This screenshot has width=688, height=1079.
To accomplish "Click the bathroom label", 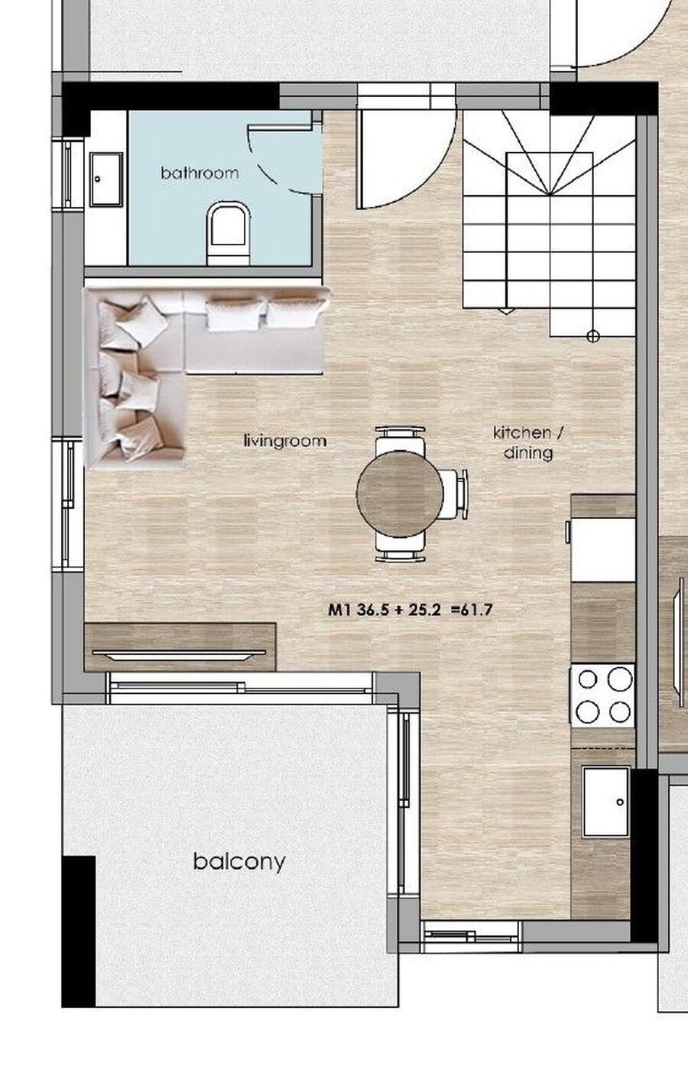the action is [200, 173].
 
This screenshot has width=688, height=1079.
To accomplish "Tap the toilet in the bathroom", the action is [229, 233].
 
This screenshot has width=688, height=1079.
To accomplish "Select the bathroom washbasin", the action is [106, 180].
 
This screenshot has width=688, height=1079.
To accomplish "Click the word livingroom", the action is [284, 441].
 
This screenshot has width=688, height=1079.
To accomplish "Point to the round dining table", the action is [400, 494].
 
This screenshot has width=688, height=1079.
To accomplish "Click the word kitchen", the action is [522, 433].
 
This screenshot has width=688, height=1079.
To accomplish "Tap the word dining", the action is [528, 453].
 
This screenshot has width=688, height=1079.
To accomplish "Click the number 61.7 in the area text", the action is [476, 610].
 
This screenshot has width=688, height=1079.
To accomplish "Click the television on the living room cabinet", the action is [179, 655].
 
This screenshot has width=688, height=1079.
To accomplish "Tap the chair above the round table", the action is [400, 439].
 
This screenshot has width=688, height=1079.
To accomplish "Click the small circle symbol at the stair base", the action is [593, 335].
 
